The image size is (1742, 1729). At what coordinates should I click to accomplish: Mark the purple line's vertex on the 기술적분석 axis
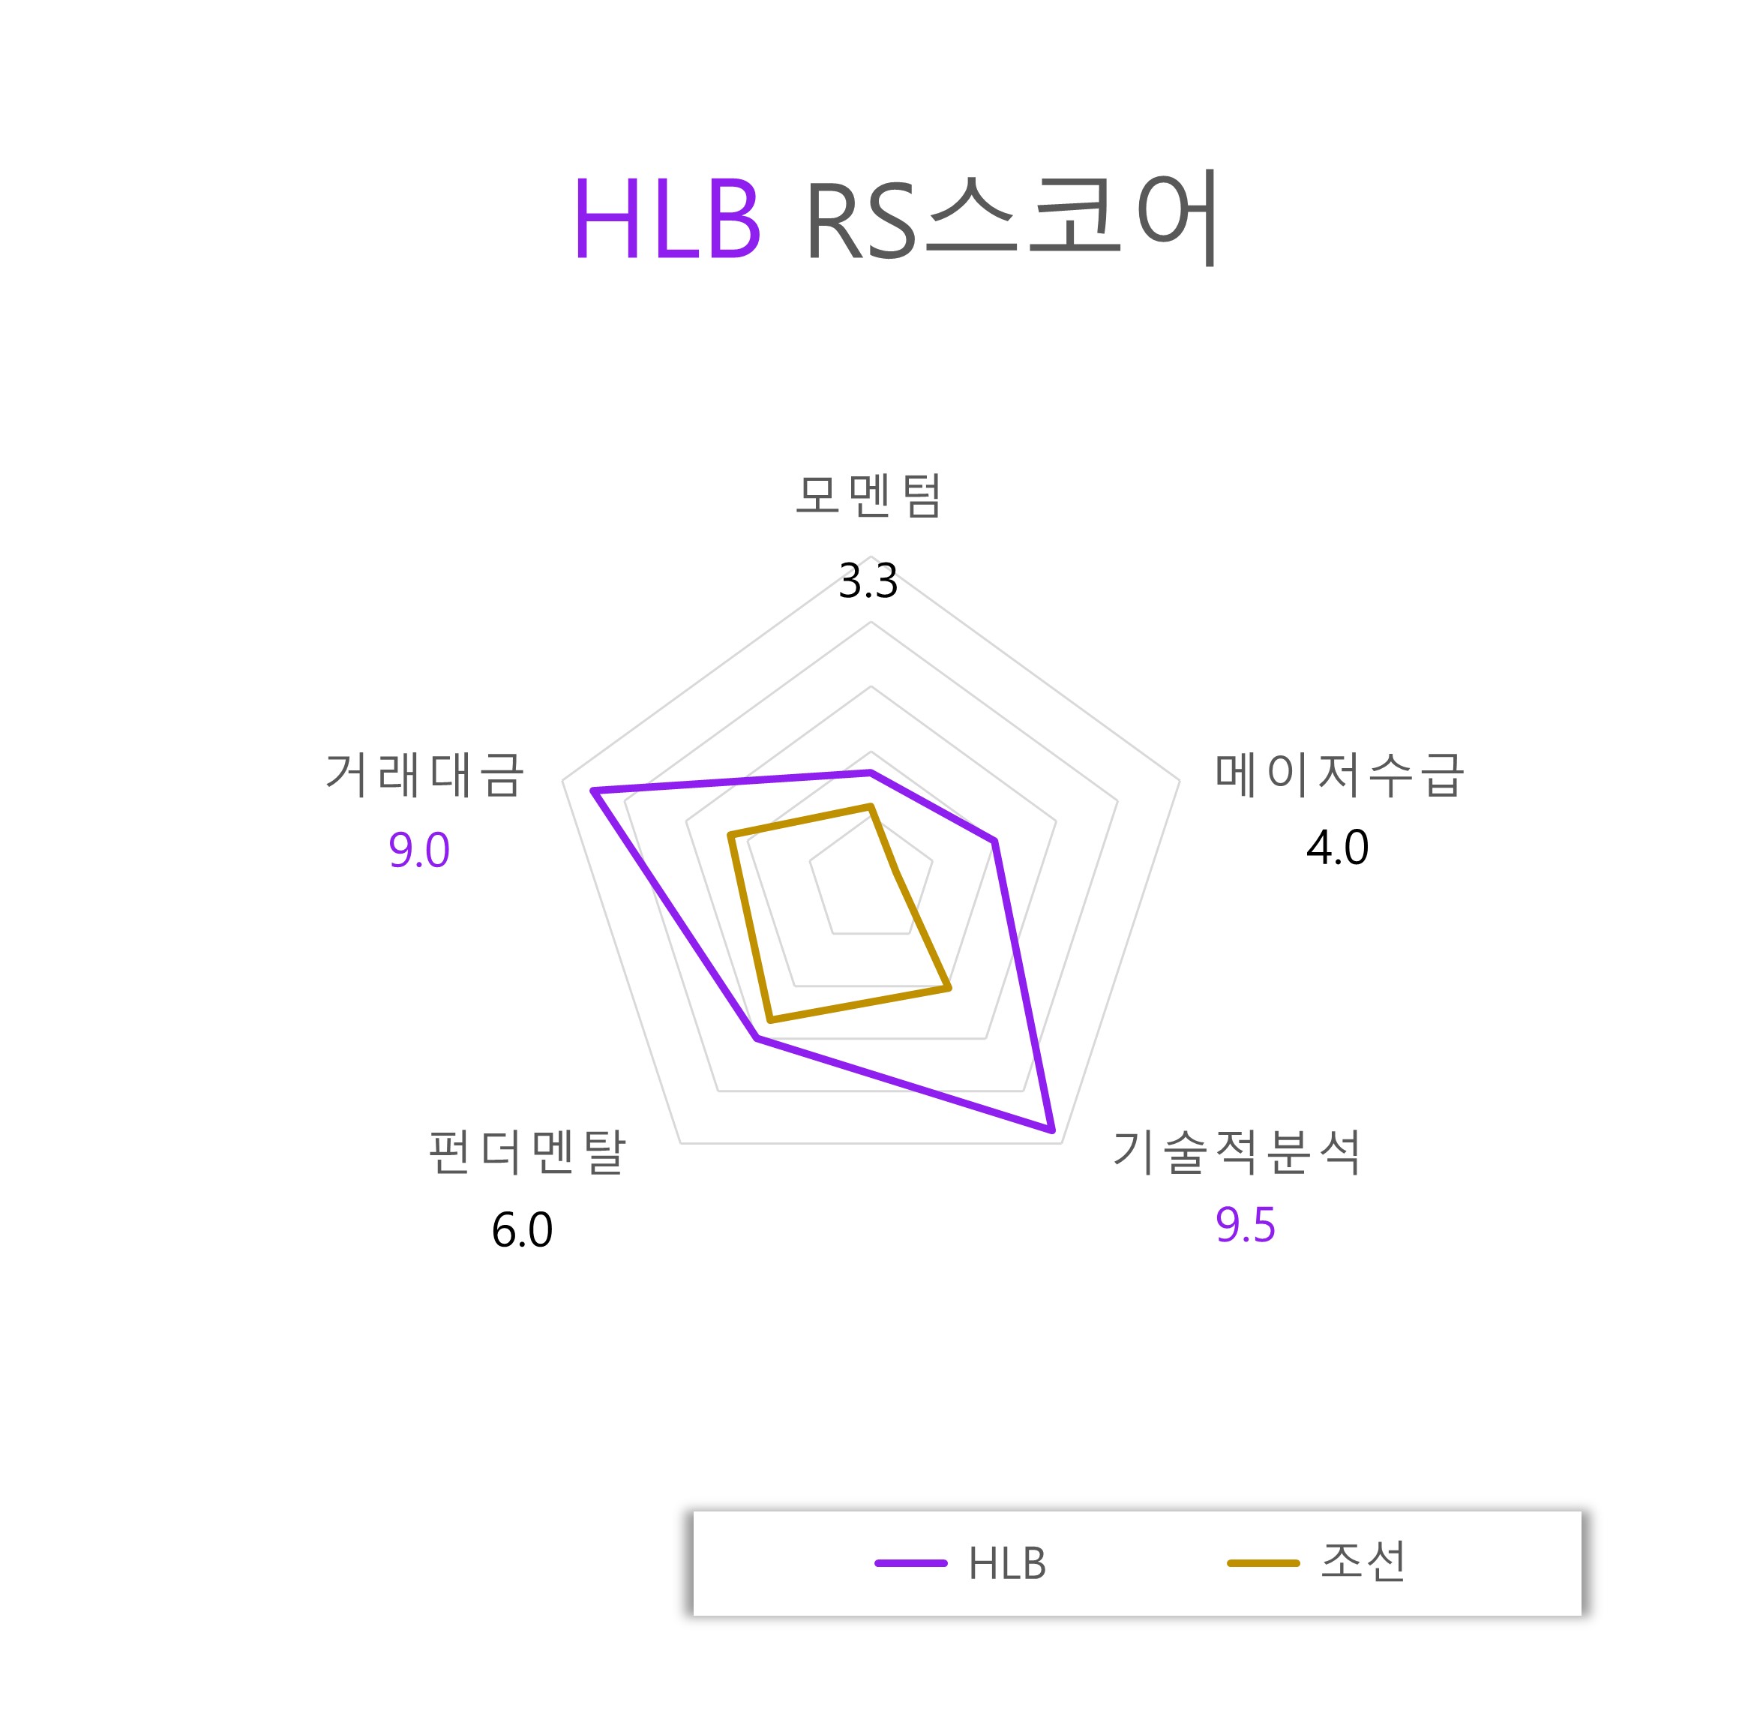(x=1051, y=1128)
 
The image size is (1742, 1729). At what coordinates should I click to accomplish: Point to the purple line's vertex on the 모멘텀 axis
(x=871, y=772)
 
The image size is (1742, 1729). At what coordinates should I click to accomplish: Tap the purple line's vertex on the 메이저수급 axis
(x=994, y=841)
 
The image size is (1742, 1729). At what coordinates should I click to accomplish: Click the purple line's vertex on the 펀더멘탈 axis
(x=757, y=1039)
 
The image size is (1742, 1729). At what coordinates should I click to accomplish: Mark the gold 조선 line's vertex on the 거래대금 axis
(x=730, y=838)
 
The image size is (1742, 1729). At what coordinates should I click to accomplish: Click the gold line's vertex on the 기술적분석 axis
(x=949, y=989)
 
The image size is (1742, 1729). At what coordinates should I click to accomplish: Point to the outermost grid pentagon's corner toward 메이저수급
(x=1180, y=780)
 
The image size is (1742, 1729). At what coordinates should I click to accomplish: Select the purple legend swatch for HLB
(x=910, y=1563)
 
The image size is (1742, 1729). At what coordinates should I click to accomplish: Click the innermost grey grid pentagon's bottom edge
(x=871, y=933)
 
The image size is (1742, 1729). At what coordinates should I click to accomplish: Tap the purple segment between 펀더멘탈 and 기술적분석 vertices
(x=904, y=1084)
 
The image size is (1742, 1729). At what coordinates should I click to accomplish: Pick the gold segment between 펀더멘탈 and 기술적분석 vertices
(x=859, y=1004)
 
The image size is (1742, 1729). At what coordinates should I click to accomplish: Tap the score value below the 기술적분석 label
(x=1245, y=1225)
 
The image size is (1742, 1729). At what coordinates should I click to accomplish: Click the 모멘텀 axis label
(x=868, y=495)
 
